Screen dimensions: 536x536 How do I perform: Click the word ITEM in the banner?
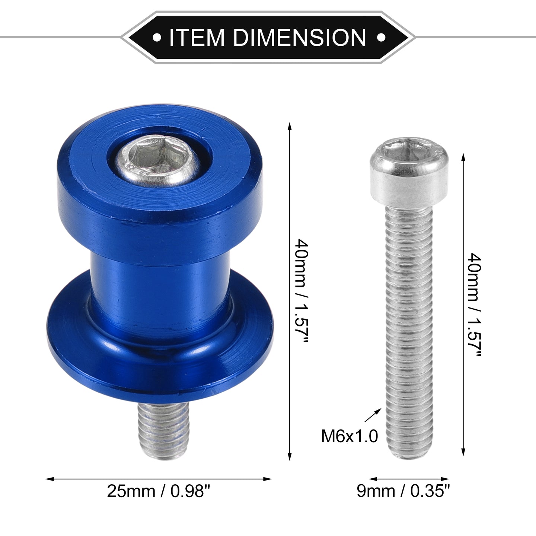click(x=197, y=37)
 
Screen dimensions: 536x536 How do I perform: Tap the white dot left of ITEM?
click(x=157, y=37)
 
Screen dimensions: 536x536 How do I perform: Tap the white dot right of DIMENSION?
click(x=381, y=37)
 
